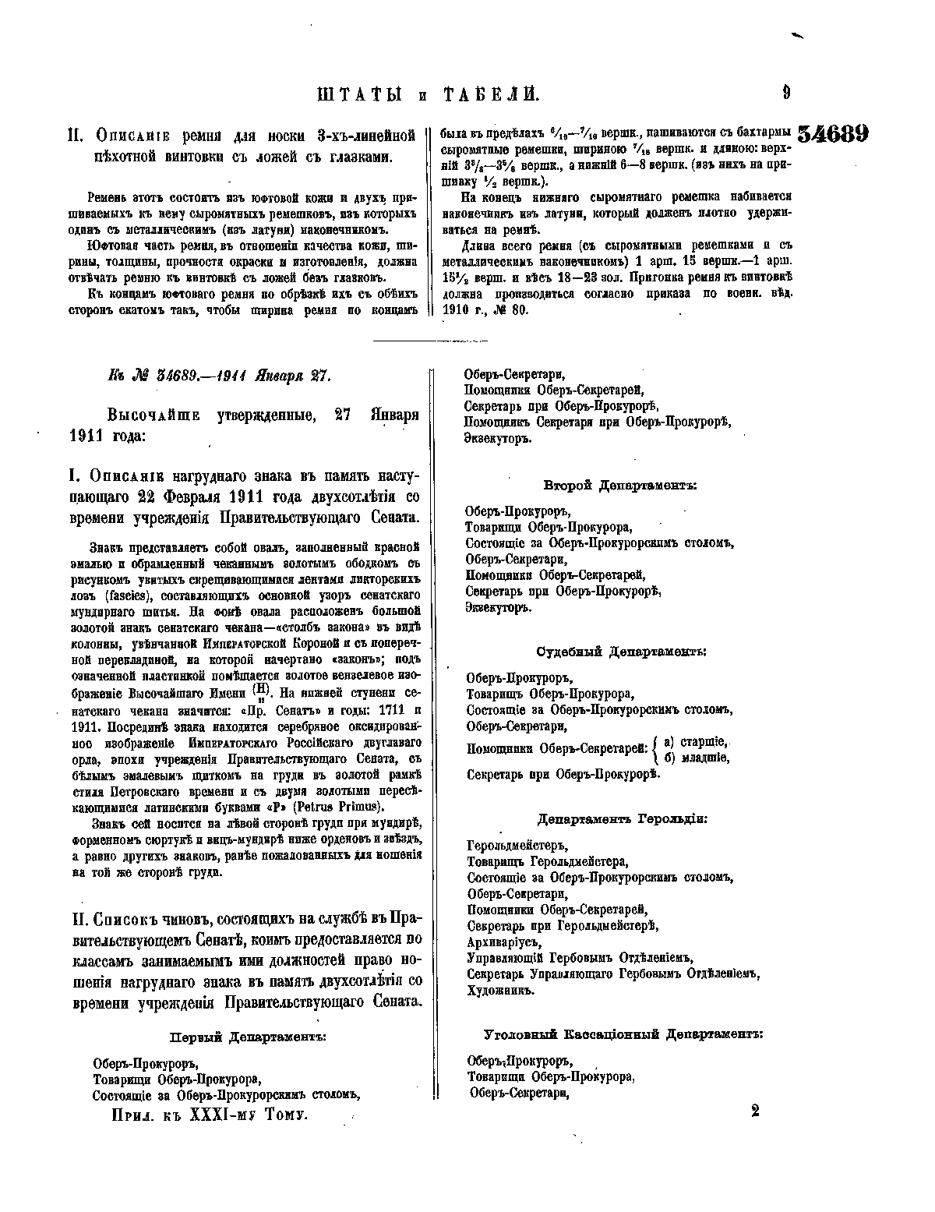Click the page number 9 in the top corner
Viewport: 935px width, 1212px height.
(x=786, y=94)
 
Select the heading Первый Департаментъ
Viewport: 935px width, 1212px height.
(x=246, y=1037)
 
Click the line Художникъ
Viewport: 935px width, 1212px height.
(x=499, y=991)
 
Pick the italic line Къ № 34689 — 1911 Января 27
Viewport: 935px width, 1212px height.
(x=209, y=376)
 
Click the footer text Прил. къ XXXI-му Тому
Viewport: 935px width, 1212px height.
(x=210, y=1115)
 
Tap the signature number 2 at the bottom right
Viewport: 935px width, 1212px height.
(x=754, y=1111)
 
